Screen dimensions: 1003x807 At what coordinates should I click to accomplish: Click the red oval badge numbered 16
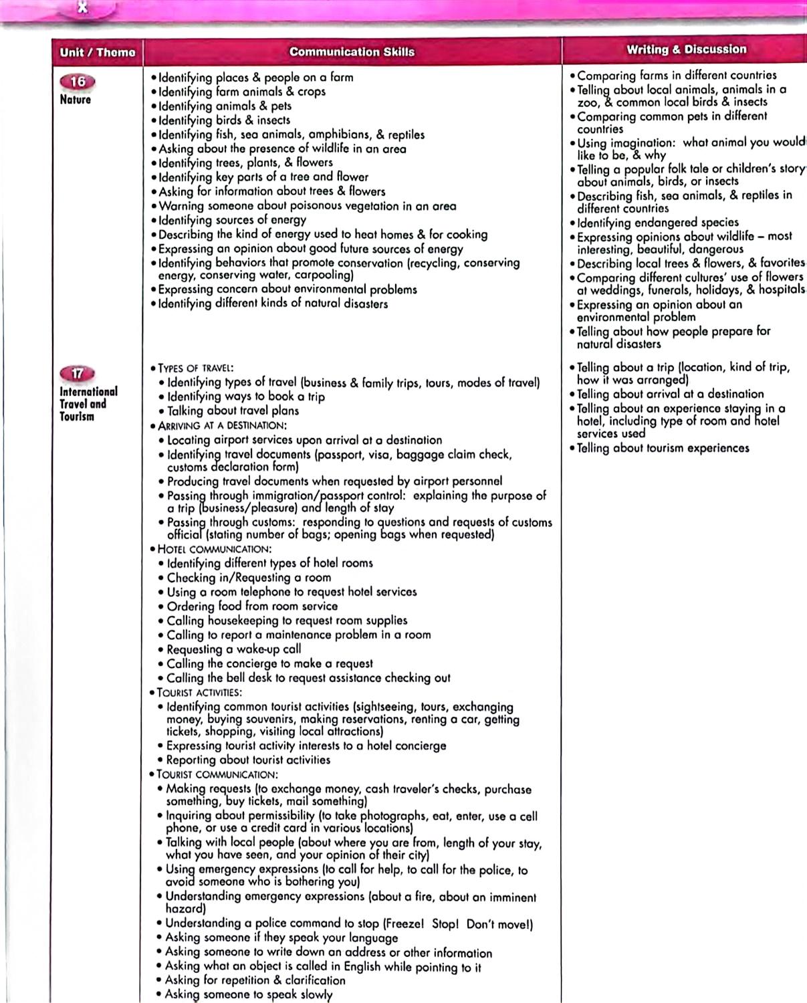point(78,82)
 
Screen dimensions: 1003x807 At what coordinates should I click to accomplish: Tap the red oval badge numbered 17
point(78,374)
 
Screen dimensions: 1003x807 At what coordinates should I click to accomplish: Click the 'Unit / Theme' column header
point(97,52)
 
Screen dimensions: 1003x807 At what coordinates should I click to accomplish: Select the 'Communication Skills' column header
point(352,51)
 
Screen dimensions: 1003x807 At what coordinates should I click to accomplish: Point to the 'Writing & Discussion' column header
point(686,49)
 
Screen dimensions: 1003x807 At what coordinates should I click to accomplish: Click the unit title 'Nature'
point(75,100)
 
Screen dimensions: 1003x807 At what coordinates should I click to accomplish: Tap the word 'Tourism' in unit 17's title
point(77,417)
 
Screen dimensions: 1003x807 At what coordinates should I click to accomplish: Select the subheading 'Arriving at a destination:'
point(222,425)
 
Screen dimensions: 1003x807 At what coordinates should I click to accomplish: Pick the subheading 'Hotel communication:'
point(214,549)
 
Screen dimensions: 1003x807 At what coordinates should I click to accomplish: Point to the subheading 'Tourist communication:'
point(217,774)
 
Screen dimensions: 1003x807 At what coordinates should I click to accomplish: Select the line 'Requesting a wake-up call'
point(233,649)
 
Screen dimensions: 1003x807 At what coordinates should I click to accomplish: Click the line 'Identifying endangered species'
point(658,222)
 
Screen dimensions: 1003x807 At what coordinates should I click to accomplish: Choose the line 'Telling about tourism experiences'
point(663,448)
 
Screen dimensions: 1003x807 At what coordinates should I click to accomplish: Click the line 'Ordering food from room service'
point(252,606)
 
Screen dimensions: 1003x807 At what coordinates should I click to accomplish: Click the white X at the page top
point(82,8)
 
